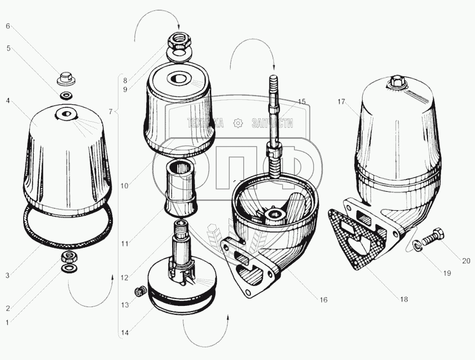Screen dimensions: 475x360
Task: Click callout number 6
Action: click(x=8, y=26)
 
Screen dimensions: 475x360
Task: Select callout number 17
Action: click(x=341, y=102)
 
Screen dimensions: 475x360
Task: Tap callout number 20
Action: click(x=466, y=261)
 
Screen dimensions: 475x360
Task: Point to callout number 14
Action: click(x=125, y=333)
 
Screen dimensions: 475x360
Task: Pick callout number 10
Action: click(x=124, y=186)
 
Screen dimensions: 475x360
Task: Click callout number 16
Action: click(x=324, y=300)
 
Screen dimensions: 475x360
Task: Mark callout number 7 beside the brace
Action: click(x=111, y=112)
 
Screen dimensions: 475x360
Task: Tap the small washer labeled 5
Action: click(x=66, y=96)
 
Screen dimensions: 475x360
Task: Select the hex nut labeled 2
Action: click(x=70, y=257)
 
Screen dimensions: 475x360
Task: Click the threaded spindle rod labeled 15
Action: click(x=273, y=124)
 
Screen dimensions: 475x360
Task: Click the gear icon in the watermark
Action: click(x=238, y=123)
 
